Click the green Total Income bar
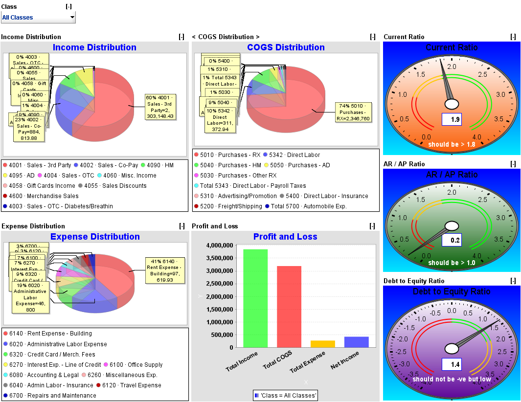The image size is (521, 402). (255, 298)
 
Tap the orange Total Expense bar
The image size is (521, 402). (323, 344)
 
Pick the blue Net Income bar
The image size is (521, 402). (357, 342)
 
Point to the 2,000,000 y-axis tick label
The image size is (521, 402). (223, 296)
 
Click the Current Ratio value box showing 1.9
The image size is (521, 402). (452, 120)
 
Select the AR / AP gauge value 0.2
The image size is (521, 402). (452, 240)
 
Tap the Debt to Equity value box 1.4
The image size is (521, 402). (452, 364)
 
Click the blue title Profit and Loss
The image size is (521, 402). (285, 237)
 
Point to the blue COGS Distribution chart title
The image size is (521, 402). (286, 47)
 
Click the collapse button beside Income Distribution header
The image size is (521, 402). (181, 37)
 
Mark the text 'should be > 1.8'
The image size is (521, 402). (452, 144)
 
